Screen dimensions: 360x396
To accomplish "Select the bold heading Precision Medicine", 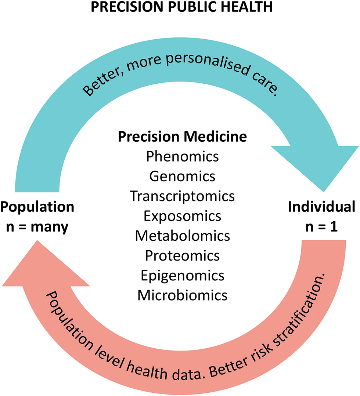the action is pos(182,137).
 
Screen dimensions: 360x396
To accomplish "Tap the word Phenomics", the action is pos(182,157).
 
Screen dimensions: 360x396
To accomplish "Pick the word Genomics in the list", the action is pos(182,177).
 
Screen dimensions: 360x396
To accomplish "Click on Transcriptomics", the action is pos(182,196).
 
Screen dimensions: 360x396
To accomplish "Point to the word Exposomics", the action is pos(182,216).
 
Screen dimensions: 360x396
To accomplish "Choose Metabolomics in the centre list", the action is pos(182,235).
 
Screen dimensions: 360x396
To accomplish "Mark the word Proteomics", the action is pos(182,255).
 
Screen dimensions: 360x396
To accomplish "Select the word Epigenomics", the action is pos(182,275).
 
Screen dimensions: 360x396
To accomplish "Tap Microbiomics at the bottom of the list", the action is pos(182,294).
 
